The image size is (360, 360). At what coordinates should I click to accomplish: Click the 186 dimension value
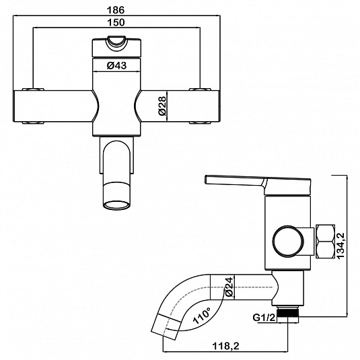116,10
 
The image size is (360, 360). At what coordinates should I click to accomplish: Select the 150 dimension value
116,22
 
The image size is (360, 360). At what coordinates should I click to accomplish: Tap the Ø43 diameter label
116,66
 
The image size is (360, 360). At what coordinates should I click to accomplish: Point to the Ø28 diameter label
162,106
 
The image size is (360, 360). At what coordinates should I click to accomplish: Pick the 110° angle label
202,315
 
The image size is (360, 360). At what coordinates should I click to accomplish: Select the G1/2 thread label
264,318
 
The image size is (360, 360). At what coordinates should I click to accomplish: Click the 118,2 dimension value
225,346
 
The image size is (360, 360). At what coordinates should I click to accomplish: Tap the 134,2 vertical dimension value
340,246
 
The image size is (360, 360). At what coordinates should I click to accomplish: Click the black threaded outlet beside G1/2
287,312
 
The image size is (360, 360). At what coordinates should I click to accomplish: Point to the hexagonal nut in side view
325,242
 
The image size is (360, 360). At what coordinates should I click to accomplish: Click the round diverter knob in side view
288,241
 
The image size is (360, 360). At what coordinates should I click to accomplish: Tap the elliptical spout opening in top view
116,205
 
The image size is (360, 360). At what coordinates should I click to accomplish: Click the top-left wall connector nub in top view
33,89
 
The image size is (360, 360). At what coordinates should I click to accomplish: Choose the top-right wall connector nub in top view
200,89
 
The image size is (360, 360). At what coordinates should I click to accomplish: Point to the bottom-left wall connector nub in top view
33,122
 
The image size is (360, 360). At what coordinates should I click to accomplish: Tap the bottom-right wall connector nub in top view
200,122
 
